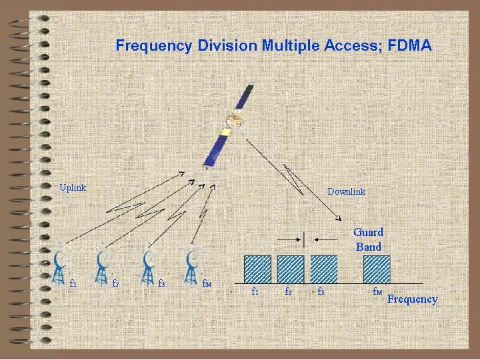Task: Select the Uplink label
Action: coord(73,187)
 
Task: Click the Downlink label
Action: coord(346,191)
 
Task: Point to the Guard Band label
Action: coord(368,239)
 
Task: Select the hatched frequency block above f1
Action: coord(257,269)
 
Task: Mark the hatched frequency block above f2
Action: coord(291,269)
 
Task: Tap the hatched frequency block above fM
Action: coord(377,269)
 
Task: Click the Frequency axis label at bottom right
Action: coord(413,299)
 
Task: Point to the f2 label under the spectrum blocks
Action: coord(288,291)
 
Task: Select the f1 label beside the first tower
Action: coord(73,283)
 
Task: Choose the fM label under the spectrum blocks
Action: coord(377,291)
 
